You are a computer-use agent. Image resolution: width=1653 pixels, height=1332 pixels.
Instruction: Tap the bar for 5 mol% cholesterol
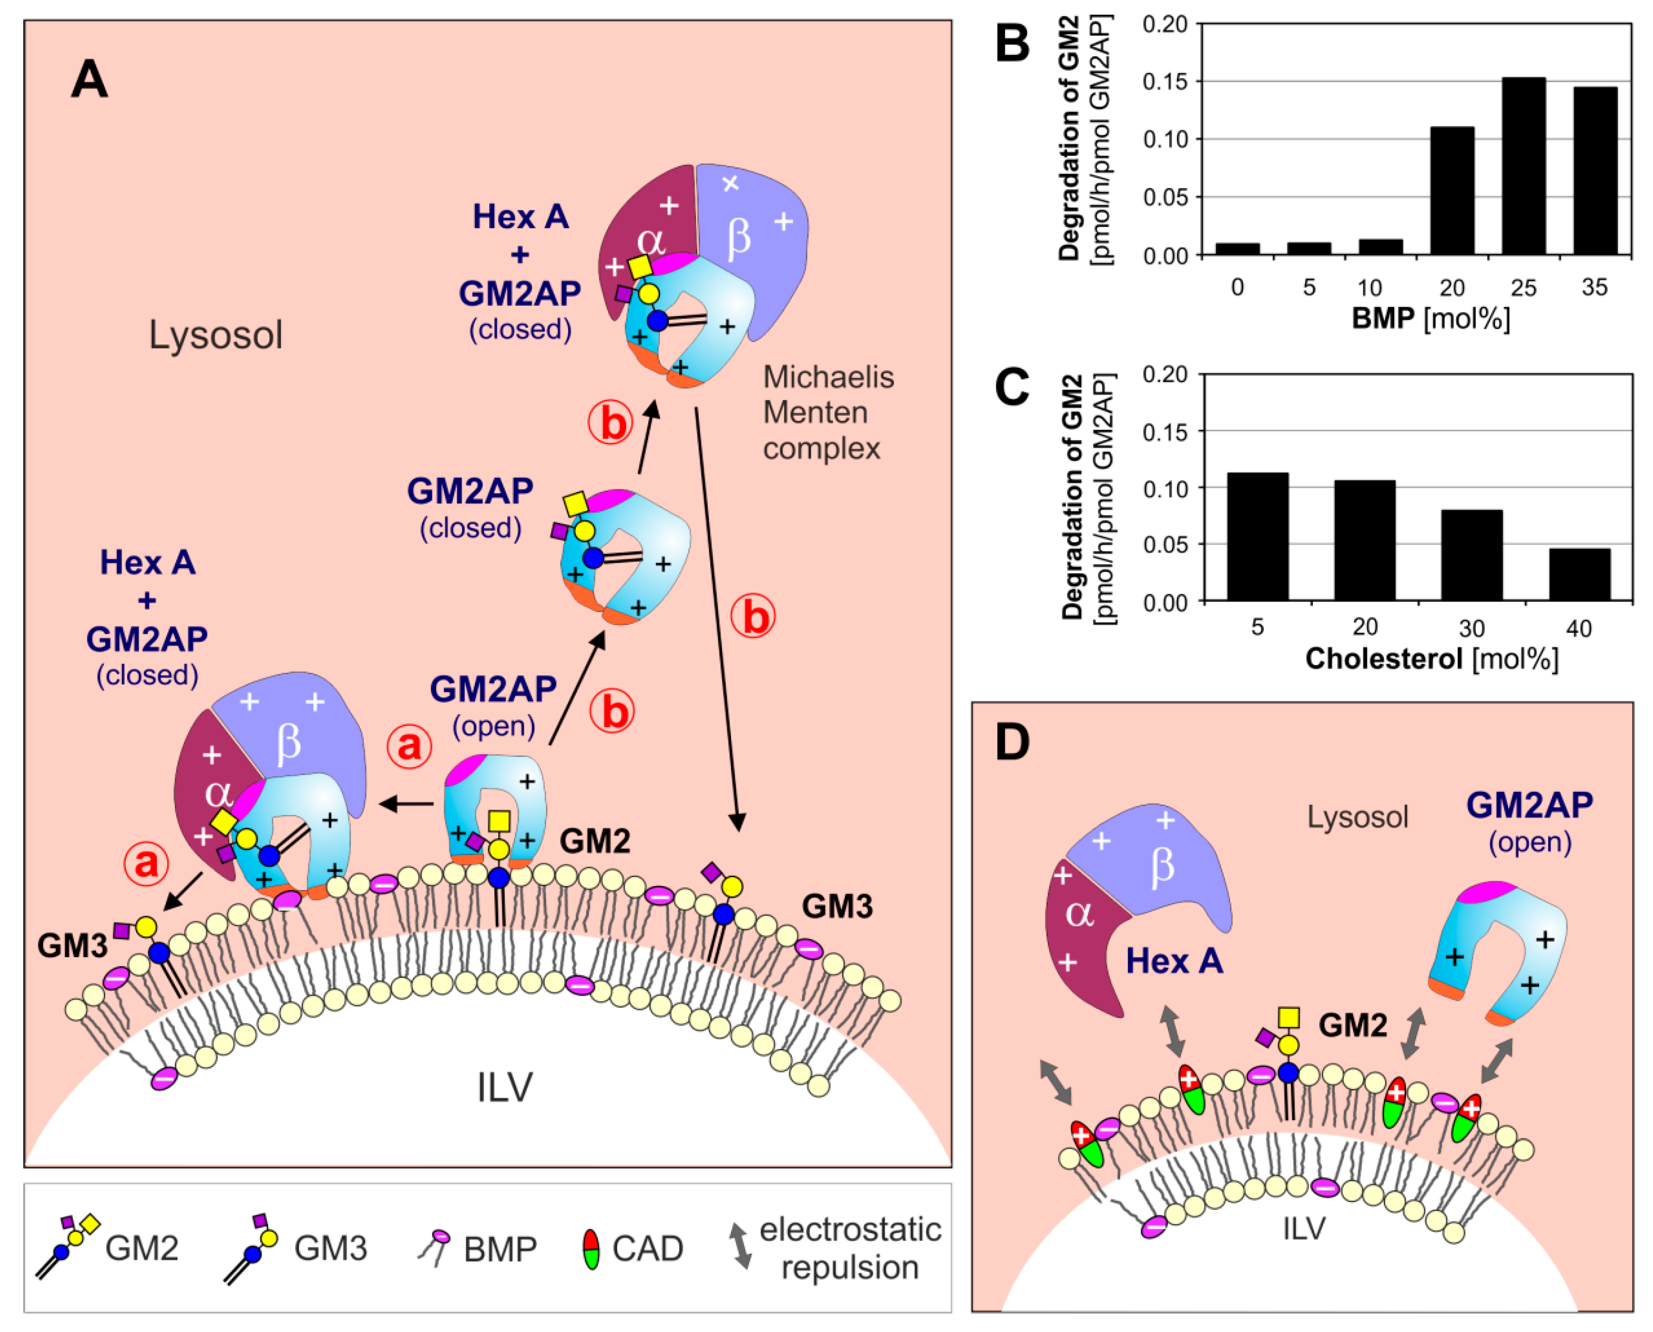1257,536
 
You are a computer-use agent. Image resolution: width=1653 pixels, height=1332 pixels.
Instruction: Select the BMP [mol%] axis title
1431,317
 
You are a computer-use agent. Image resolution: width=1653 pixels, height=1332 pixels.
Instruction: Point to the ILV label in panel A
504,1087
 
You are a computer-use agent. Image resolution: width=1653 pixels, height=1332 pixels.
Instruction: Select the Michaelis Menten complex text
827,413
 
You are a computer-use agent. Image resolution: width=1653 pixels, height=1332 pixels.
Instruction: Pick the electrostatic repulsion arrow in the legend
740,1246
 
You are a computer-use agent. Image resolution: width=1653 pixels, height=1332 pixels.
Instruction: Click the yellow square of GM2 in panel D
1288,1017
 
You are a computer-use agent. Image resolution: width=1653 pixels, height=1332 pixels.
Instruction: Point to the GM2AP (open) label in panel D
1529,822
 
